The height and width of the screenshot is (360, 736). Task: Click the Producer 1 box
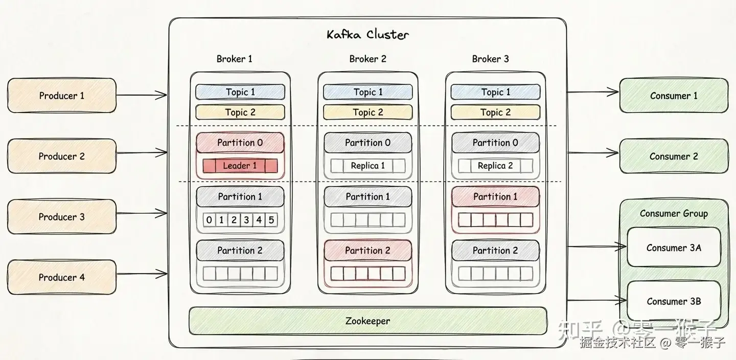click(61, 96)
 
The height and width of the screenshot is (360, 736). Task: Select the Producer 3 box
click(61, 217)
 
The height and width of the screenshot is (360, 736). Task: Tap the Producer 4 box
click(61, 277)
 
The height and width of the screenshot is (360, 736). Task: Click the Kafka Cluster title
click(367, 35)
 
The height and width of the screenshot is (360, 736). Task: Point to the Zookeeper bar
click(367, 321)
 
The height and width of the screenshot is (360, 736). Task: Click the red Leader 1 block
click(240, 166)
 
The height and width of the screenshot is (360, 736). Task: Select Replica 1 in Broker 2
click(367, 166)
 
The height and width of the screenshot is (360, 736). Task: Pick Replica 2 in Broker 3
click(495, 166)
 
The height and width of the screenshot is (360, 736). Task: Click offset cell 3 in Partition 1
click(246, 220)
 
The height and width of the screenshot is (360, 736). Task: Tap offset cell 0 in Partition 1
click(209, 220)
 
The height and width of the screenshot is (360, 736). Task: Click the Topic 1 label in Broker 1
click(240, 92)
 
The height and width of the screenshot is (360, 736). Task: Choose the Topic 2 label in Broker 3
click(495, 112)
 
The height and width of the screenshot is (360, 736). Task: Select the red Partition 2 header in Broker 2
click(367, 251)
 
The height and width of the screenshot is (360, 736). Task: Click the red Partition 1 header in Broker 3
click(495, 197)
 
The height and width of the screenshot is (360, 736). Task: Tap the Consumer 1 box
click(673, 96)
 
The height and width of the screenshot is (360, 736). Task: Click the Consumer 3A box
click(673, 248)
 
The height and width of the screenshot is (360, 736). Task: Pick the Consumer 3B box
click(673, 301)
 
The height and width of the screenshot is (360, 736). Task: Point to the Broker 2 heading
click(367, 59)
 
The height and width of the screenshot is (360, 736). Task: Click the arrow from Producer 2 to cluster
click(142, 152)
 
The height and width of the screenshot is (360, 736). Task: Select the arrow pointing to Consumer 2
click(593, 152)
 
